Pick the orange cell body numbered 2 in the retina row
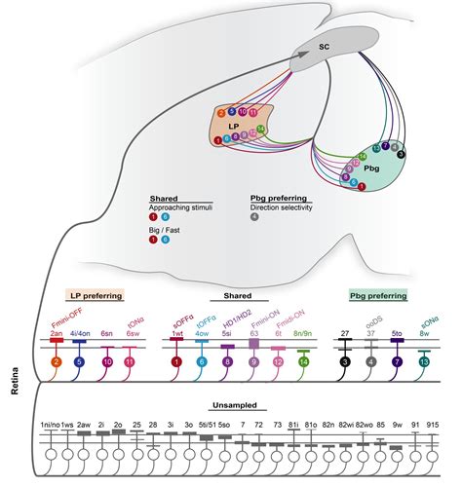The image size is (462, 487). click(x=57, y=362)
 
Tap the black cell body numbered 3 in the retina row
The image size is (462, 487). click(x=345, y=362)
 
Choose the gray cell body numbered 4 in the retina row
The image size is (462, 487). click(x=371, y=362)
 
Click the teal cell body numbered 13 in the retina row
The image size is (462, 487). click(x=424, y=362)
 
